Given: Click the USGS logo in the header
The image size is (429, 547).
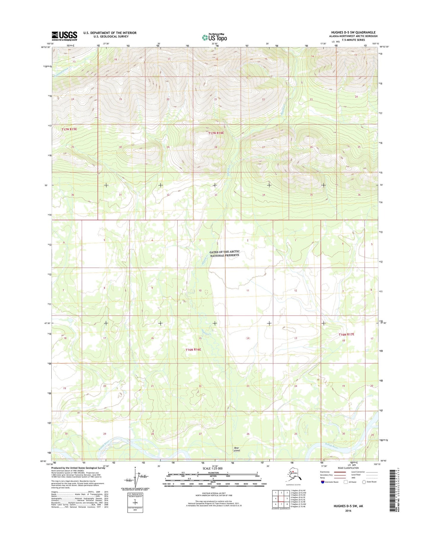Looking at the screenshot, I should click(x=64, y=36).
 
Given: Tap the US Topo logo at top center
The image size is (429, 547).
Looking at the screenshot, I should click(x=214, y=37).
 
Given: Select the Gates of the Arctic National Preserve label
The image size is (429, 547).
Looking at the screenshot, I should click(x=224, y=253).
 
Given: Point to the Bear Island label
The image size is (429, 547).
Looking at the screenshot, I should click(x=237, y=449).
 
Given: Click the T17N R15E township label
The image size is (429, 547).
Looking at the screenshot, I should click(x=69, y=129).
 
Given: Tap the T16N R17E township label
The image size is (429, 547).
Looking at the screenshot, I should click(x=346, y=334).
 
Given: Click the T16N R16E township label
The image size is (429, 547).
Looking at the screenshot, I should click(x=193, y=350).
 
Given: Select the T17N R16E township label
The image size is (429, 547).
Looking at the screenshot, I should click(x=216, y=133).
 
